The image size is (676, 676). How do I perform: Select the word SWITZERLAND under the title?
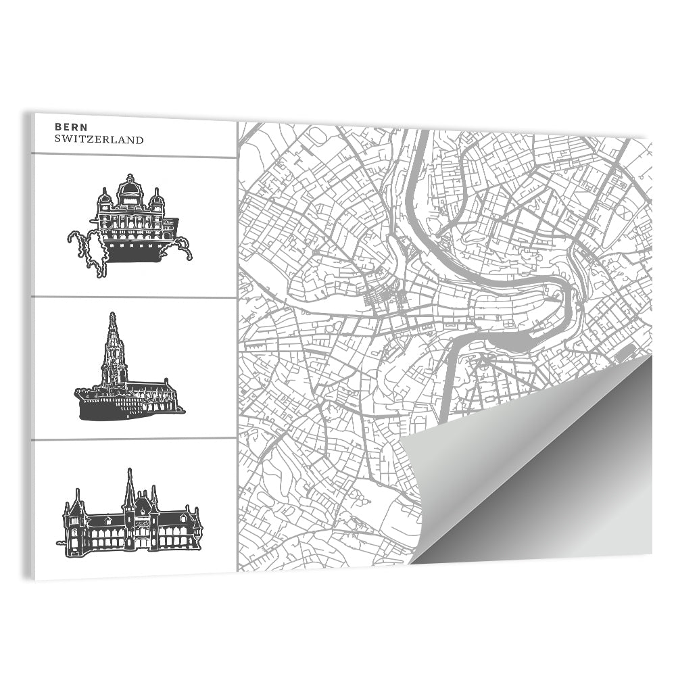pyautogui.click(x=99, y=140)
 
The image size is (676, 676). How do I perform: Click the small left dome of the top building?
pyautogui.click(x=105, y=199)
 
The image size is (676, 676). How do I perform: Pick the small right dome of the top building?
pyautogui.click(x=157, y=199)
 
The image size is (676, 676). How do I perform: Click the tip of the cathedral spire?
pyautogui.click(x=113, y=314)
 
